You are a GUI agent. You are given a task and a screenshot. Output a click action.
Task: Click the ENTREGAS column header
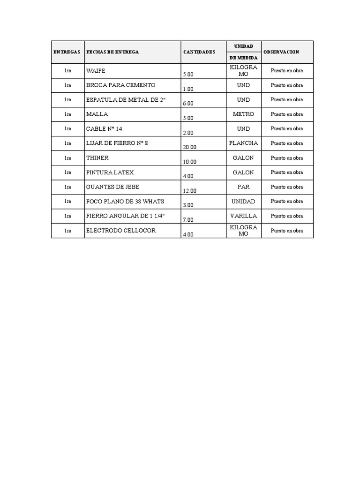click(x=67, y=52)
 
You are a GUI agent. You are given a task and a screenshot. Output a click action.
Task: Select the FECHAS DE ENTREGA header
click(x=112, y=52)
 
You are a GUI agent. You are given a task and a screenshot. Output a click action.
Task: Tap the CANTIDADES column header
click(x=199, y=52)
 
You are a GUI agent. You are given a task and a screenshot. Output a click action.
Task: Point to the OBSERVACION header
click(x=281, y=52)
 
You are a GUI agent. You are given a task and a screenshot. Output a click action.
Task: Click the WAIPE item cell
click(x=96, y=71)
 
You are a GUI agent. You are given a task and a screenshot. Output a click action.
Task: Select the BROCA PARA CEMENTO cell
click(x=120, y=85)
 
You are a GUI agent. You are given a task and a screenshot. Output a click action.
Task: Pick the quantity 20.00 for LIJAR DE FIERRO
click(x=190, y=147)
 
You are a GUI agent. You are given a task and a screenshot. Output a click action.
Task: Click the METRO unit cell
click(x=243, y=114)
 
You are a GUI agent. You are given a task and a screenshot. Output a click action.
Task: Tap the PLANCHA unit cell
click(x=243, y=143)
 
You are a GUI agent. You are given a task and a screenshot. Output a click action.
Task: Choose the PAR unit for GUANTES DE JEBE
click(x=243, y=187)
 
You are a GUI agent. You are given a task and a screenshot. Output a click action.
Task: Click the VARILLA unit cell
click(x=243, y=216)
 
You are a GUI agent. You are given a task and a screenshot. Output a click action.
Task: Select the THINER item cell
click(x=97, y=158)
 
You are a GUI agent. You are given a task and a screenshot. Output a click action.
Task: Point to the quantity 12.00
click(x=190, y=190)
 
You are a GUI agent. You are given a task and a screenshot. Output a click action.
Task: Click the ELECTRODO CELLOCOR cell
click(x=120, y=231)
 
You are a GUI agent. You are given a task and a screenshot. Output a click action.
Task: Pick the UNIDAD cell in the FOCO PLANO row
click(x=243, y=202)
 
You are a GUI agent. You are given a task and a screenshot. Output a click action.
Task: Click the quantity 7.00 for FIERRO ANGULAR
click(x=188, y=219)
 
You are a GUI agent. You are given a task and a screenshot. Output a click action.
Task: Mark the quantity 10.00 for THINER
click(x=190, y=161)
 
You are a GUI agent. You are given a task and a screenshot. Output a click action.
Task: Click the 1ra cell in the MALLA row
click(x=68, y=114)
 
